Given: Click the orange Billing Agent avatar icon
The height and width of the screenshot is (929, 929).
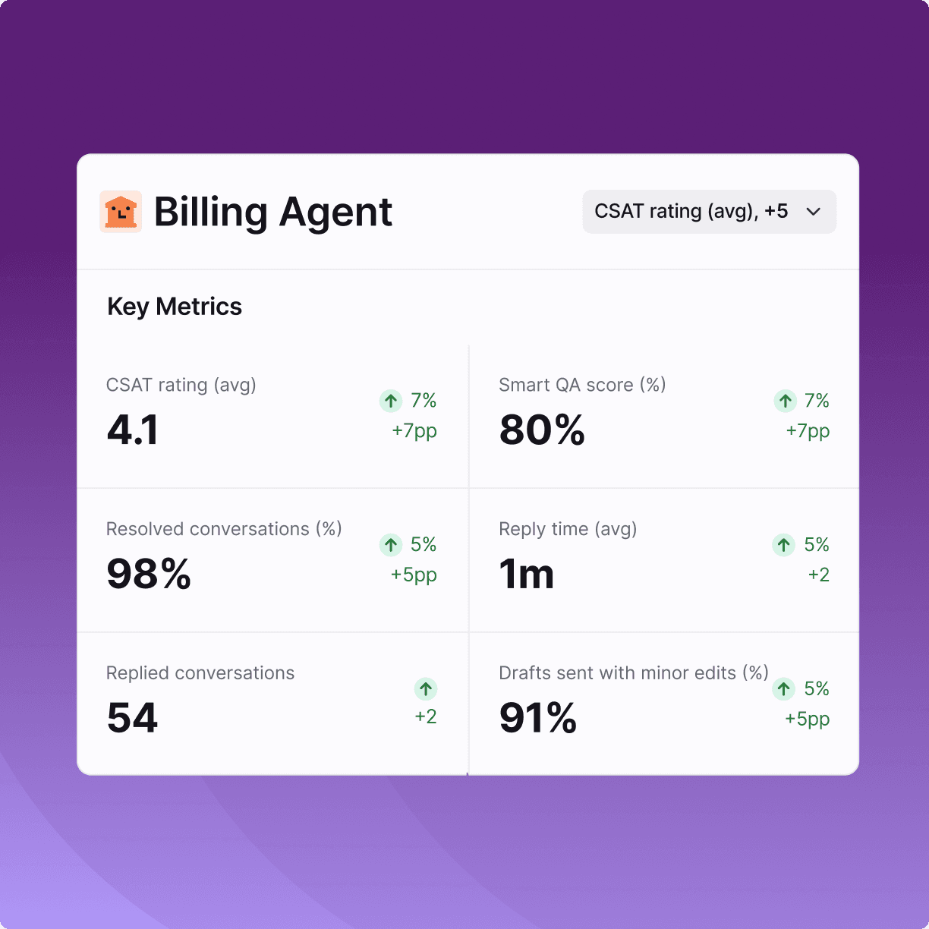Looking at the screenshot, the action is click(x=121, y=212).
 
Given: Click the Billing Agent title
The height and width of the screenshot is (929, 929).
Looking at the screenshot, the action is click(x=273, y=213).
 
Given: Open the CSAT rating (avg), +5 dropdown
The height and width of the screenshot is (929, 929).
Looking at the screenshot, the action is click(x=709, y=212).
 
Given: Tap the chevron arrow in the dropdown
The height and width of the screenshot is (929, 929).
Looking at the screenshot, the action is click(x=814, y=212).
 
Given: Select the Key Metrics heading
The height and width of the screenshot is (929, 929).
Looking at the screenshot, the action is click(x=175, y=307).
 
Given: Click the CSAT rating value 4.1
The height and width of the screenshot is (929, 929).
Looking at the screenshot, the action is click(x=133, y=430).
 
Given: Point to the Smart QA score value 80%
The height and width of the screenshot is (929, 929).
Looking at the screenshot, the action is click(x=542, y=430).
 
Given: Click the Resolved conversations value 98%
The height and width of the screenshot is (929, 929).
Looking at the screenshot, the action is click(x=149, y=574).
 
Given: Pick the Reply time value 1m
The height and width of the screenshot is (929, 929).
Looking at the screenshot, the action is click(x=527, y=574).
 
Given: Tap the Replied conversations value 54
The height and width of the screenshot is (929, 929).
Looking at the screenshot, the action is click(x=132, y=718).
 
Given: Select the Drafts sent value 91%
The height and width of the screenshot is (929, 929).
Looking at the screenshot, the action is click(x=538, y=718).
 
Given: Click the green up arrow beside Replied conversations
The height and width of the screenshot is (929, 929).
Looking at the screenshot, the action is click(x=426, y=689).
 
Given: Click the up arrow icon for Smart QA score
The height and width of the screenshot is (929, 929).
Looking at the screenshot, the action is click(x=786, y=401).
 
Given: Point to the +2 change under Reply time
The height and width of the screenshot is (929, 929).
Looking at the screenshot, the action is click(x=819, y=575).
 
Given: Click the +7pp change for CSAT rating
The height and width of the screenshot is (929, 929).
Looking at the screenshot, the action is click(x=414, y=430).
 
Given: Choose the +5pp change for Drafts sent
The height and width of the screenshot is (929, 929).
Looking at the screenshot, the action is click(x=808, y=719).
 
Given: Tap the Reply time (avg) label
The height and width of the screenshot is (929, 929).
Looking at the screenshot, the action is click(x=568, y=529).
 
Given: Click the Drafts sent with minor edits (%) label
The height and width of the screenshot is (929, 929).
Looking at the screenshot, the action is click(x=634, y=673).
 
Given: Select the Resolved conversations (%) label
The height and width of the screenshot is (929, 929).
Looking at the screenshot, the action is click(x=224, y=529).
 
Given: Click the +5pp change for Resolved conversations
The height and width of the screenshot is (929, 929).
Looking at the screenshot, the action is click(x=414, y=575).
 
